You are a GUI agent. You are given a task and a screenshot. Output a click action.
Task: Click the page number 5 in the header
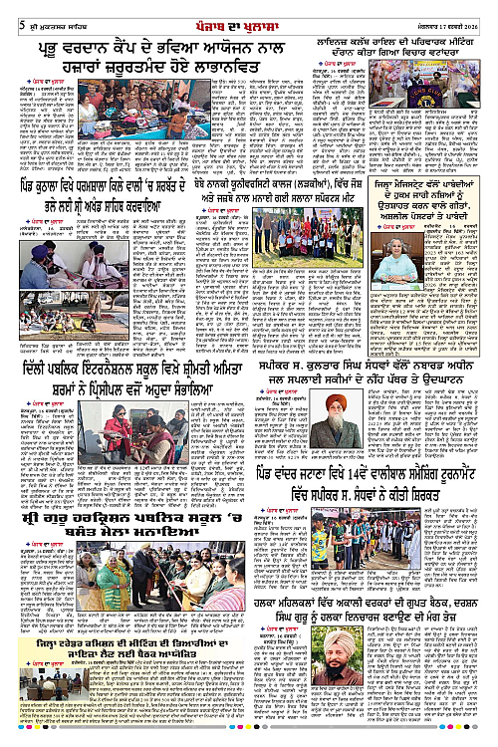tap(8, 10)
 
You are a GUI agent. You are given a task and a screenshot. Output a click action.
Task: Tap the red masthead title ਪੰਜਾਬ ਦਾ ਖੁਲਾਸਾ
tap(249, 9)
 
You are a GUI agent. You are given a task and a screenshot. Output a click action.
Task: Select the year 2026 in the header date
tap(482, 10)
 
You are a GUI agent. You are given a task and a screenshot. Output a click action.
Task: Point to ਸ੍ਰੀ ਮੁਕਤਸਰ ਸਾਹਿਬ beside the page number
tap(41, 10)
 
